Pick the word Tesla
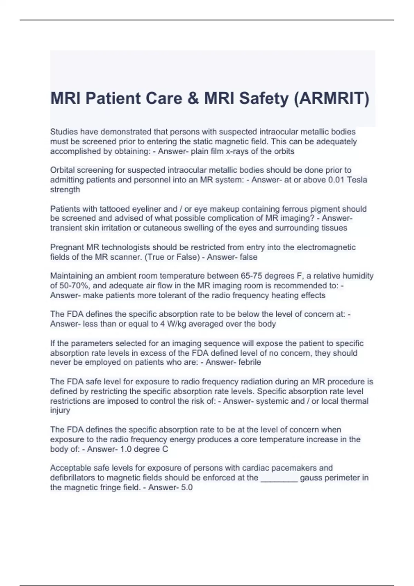[x=357, y=180]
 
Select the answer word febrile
[x=248, y=362]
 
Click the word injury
[x=60, y=410]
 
